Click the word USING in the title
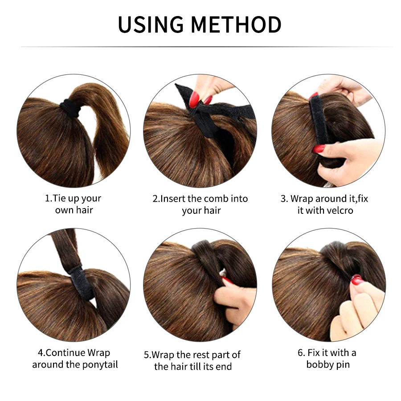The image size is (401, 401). tap(151, 25)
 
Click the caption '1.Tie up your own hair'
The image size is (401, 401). tap(74, 204)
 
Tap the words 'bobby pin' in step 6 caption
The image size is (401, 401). tap(327, 364)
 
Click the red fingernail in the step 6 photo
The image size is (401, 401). tap(356, 279)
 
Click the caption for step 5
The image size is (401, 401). tap(192, 360)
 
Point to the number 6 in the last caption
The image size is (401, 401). tap(300, 353)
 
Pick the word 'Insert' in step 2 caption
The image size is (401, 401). tap(174, 199)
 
